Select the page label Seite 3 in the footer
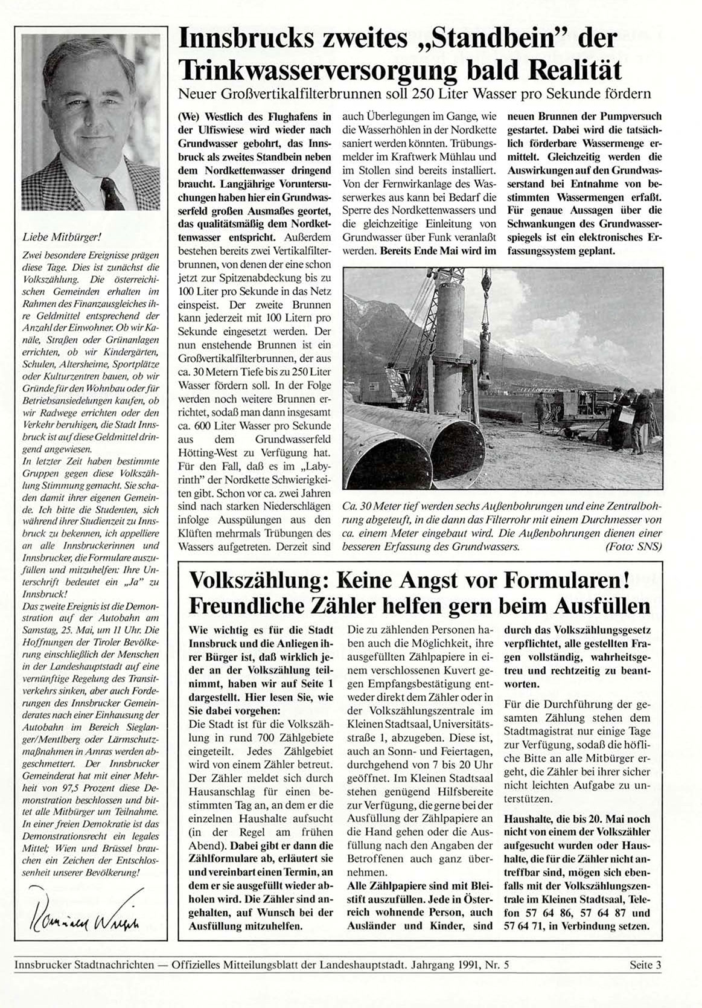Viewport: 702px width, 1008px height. point(645,965)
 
